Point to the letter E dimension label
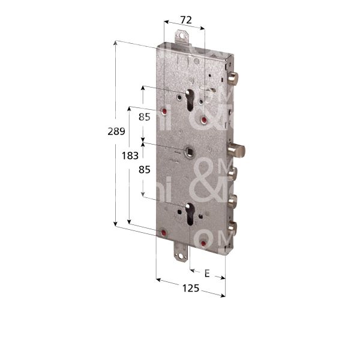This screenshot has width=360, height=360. point(206,274)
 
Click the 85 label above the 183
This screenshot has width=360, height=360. point(144,117)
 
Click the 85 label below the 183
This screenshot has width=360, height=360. point(144,170)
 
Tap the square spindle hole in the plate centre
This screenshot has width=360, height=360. point(190,150)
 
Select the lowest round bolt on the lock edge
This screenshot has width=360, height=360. point(232,227)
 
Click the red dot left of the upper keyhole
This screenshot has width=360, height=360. point(165,113)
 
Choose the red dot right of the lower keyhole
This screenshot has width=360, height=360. point(204,242)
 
